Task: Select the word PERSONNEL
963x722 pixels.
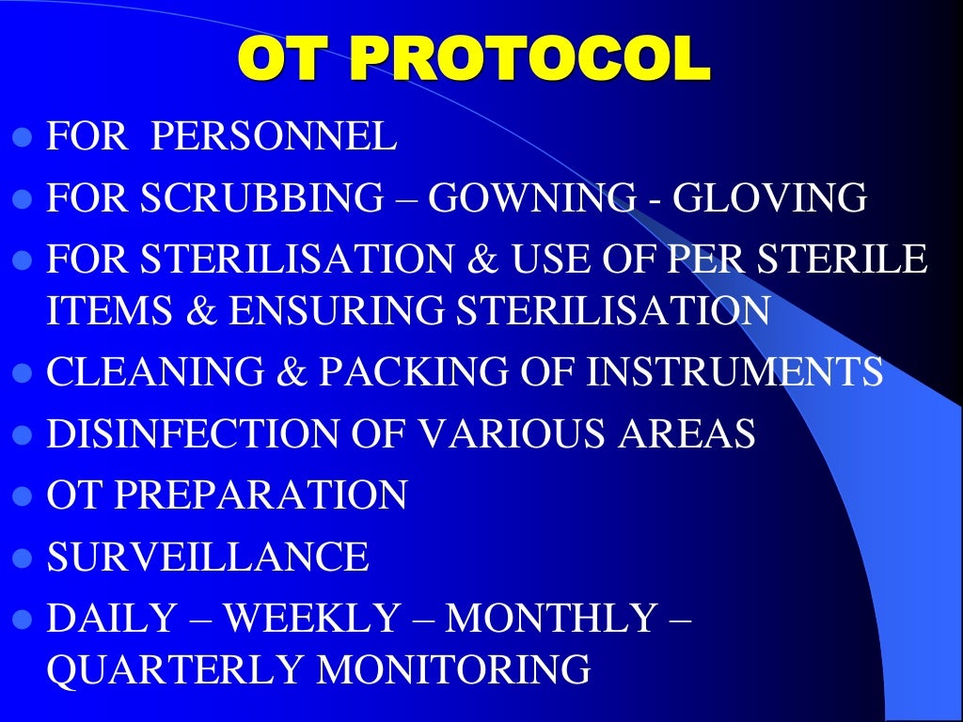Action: [x=274, y=137]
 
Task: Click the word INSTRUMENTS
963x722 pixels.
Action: [x=734, y=371]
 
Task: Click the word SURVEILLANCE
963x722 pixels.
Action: [x=208, y=557]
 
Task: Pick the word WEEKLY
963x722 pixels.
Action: [x=311, y=619]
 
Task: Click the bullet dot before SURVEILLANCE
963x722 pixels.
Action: [x=24, y=558]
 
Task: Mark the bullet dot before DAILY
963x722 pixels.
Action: [x=24, y=620]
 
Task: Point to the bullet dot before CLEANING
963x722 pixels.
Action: [x=24, y=373]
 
